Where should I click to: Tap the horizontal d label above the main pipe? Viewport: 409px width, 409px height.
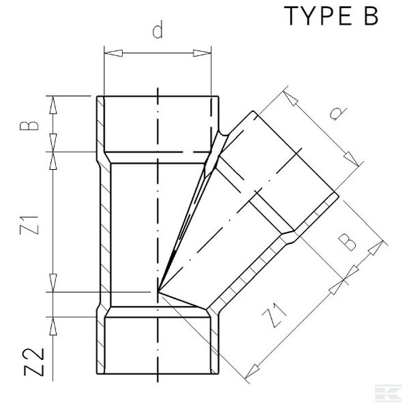157,31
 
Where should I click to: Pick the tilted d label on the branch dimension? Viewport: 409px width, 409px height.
333,115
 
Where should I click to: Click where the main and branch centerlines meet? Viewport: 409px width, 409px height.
157,293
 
